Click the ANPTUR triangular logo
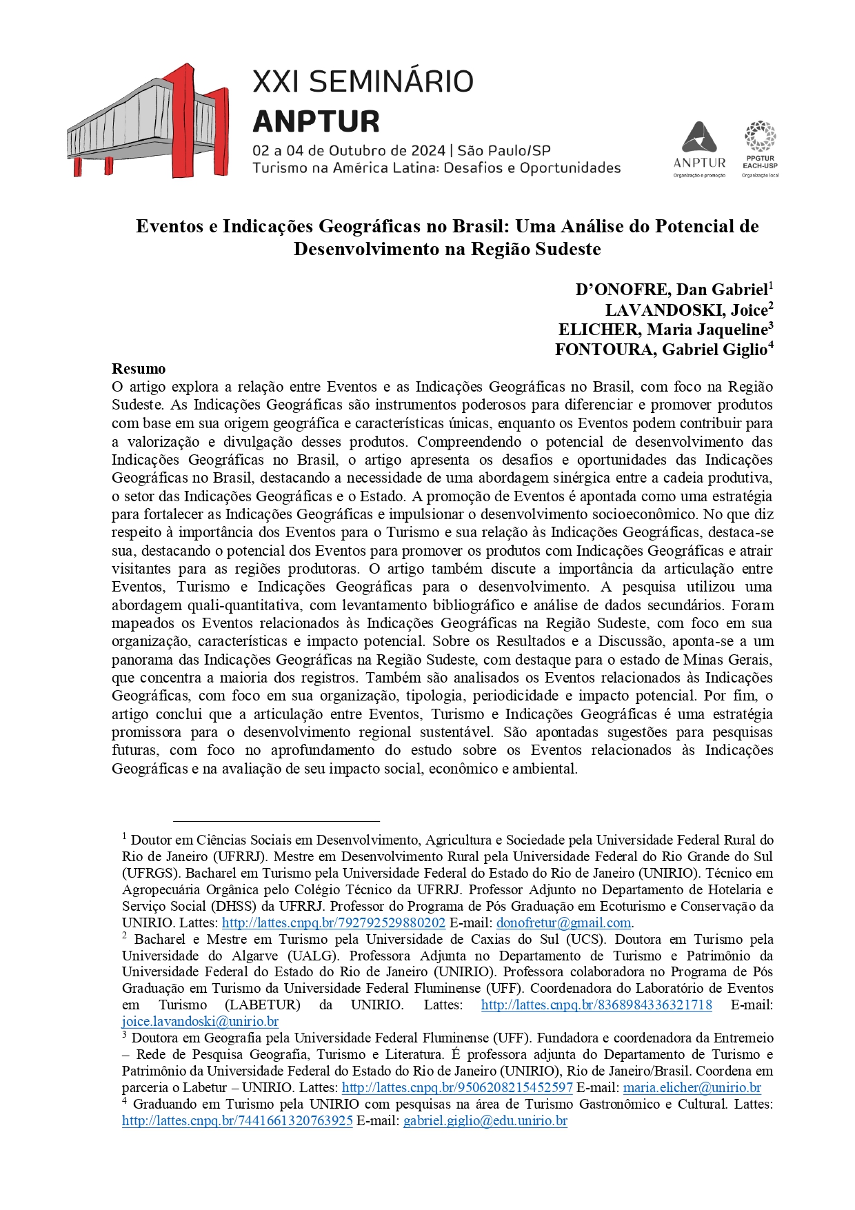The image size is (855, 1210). (x=699, y=138)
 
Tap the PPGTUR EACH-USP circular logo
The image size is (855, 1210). (x=760, y=136)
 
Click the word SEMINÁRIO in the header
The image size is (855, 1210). (x=391, y=82)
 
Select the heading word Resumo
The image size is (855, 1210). (x=139, y=369)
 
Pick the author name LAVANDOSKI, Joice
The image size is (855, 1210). (x=686, y=310)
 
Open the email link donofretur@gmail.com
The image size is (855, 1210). (x=563, y=922)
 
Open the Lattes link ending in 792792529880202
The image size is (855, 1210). (x=334, y=922)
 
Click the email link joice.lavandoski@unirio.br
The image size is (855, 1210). (x=200, y=1021)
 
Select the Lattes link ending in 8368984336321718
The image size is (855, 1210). (x=596, y=1005)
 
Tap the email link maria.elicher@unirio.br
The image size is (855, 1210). (x=692, y=1087)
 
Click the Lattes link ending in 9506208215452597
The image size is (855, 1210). (x=457, y=1087)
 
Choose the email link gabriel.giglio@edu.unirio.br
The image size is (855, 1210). (x=485, y=1120)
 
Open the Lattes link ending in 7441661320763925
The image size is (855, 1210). (x=237, y=1120)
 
